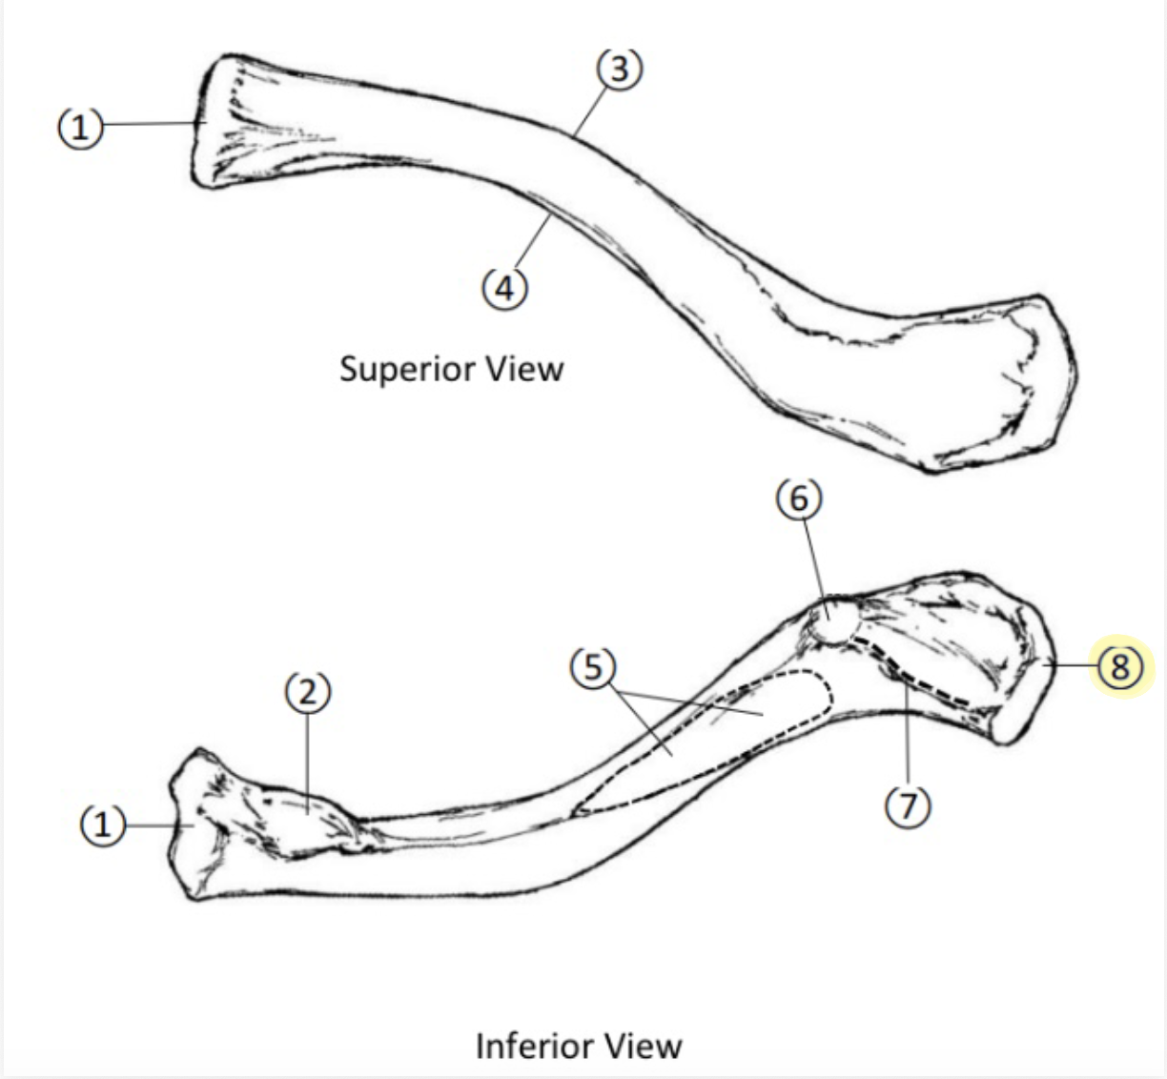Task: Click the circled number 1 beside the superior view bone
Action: pos(81,126)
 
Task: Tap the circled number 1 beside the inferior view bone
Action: pos(102,824)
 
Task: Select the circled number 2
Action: pos(308,693)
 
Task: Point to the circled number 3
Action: pos(620,69)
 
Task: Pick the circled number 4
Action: pos(504,286)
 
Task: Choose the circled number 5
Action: pos(593,668)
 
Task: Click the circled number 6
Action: pos(799,499)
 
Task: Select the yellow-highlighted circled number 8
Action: pos(1119,666)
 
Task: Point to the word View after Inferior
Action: pos(646,1046)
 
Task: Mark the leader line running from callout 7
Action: pos(907,743)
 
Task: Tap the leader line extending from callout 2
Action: pos(307,763)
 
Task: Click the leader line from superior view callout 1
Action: pos(153,124)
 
